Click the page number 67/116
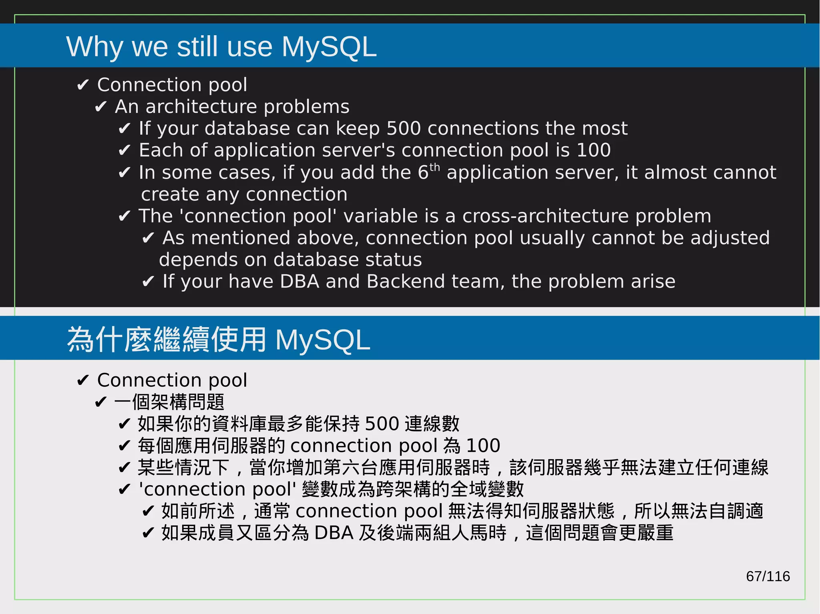[x=768, y=576]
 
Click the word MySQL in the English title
[x=329, y=47]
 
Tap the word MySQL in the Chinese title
[x=322, y=340]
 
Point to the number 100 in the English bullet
[x=594, y=150]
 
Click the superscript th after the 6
[x=434, y=167]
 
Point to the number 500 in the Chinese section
[x=382, y=424]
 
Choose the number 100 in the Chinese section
[x=483, y=446]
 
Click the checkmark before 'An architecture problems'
[x=100, y=107]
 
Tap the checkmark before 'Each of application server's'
[x=124, y=150]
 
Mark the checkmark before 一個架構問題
[x=100, y=402]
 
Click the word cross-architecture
[x=545, y=216]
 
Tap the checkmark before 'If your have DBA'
[x=148, y=282]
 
